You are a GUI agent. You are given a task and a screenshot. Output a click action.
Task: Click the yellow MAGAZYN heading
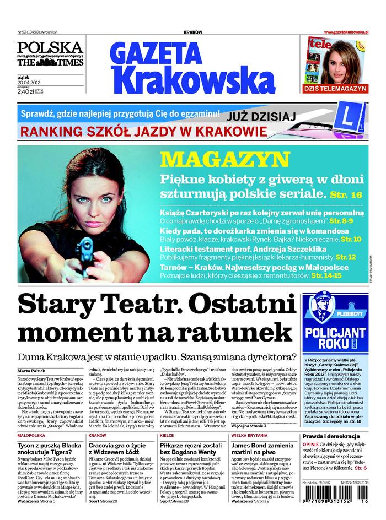(x=221, y=160)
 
